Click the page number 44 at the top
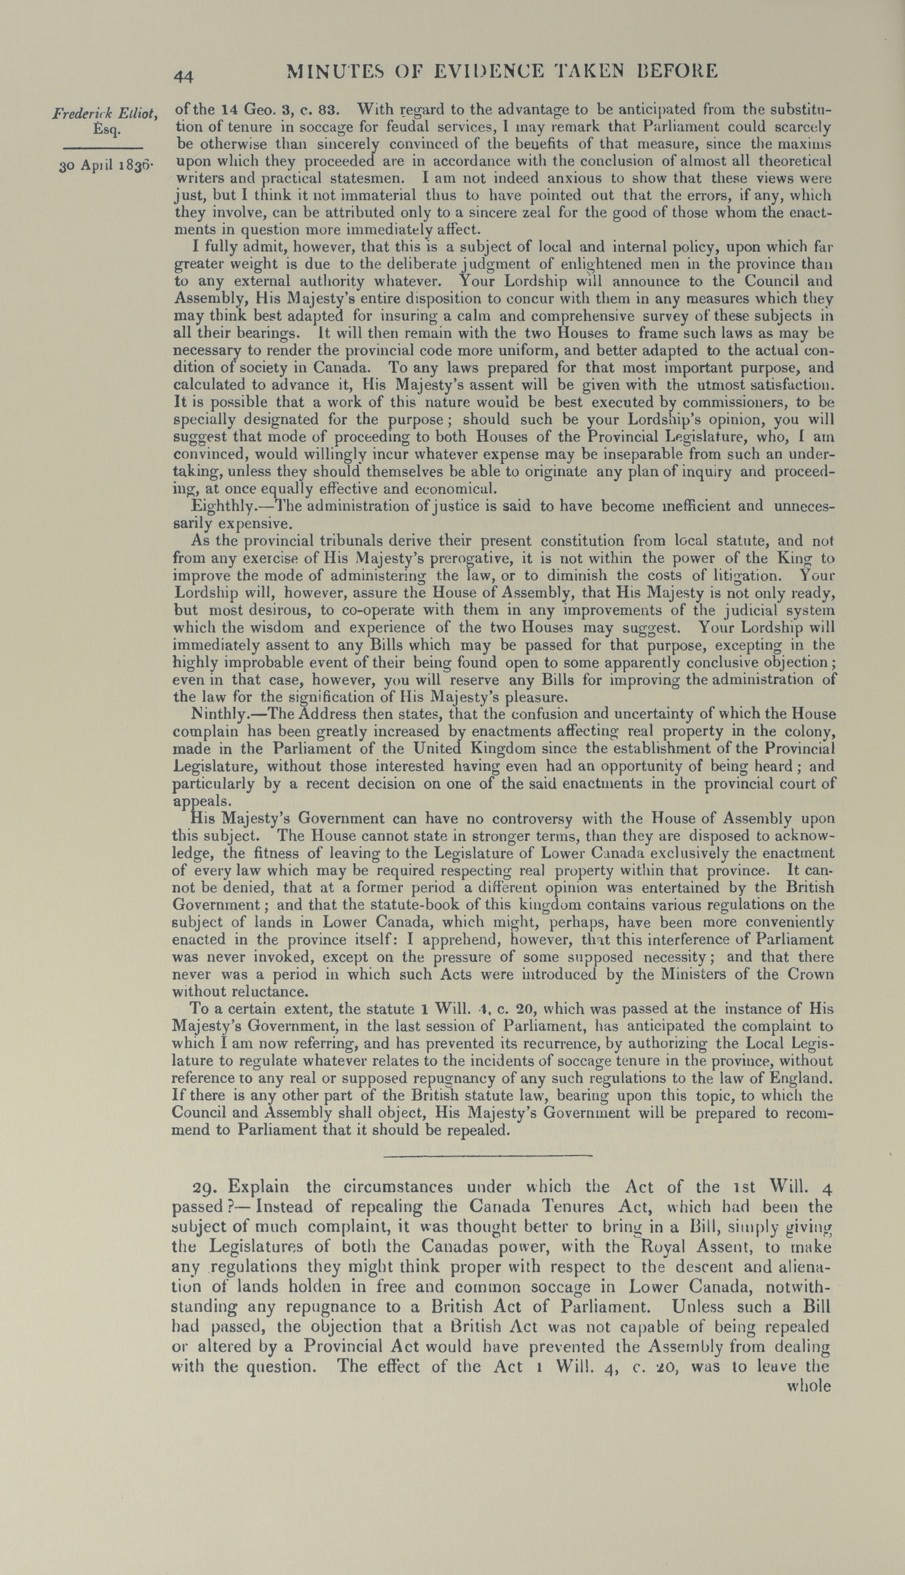click(x=184, y=76)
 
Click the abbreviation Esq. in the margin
click(x=105, y=130)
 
